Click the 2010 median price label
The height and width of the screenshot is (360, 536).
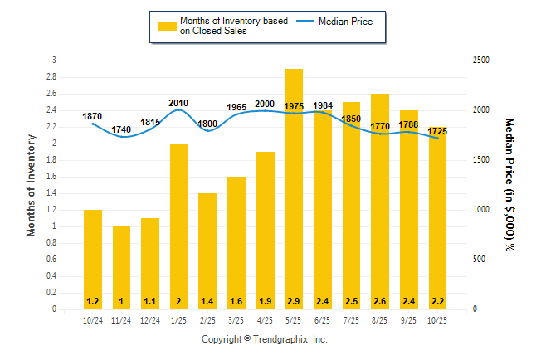tap(178, 104)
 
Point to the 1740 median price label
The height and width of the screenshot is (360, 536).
tap(121, 129)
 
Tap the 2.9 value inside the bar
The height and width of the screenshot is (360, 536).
tap(294, 301)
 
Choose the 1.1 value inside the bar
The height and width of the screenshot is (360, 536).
tap(150, 301)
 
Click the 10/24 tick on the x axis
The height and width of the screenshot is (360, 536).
tap(92, 320)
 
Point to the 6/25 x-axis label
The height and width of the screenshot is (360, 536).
tap(323, 320)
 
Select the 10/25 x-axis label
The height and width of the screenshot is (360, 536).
tap(437, 320)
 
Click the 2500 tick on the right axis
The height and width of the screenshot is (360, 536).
tap(482, 61)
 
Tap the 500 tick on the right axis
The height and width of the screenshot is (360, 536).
tap(480, 260)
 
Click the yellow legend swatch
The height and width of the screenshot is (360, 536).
tap(167, 26)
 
